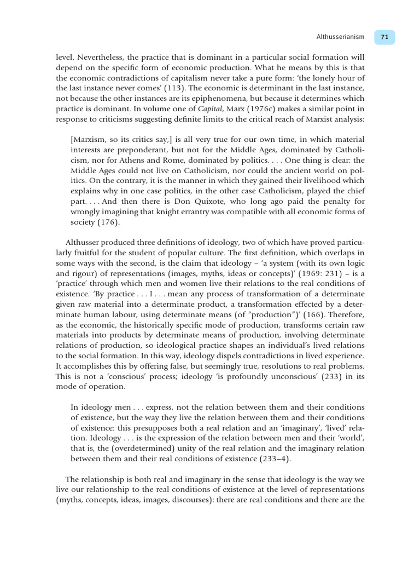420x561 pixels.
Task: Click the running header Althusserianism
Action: [x=340, y=37]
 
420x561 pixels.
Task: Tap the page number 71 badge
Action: [x=384, y=37]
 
